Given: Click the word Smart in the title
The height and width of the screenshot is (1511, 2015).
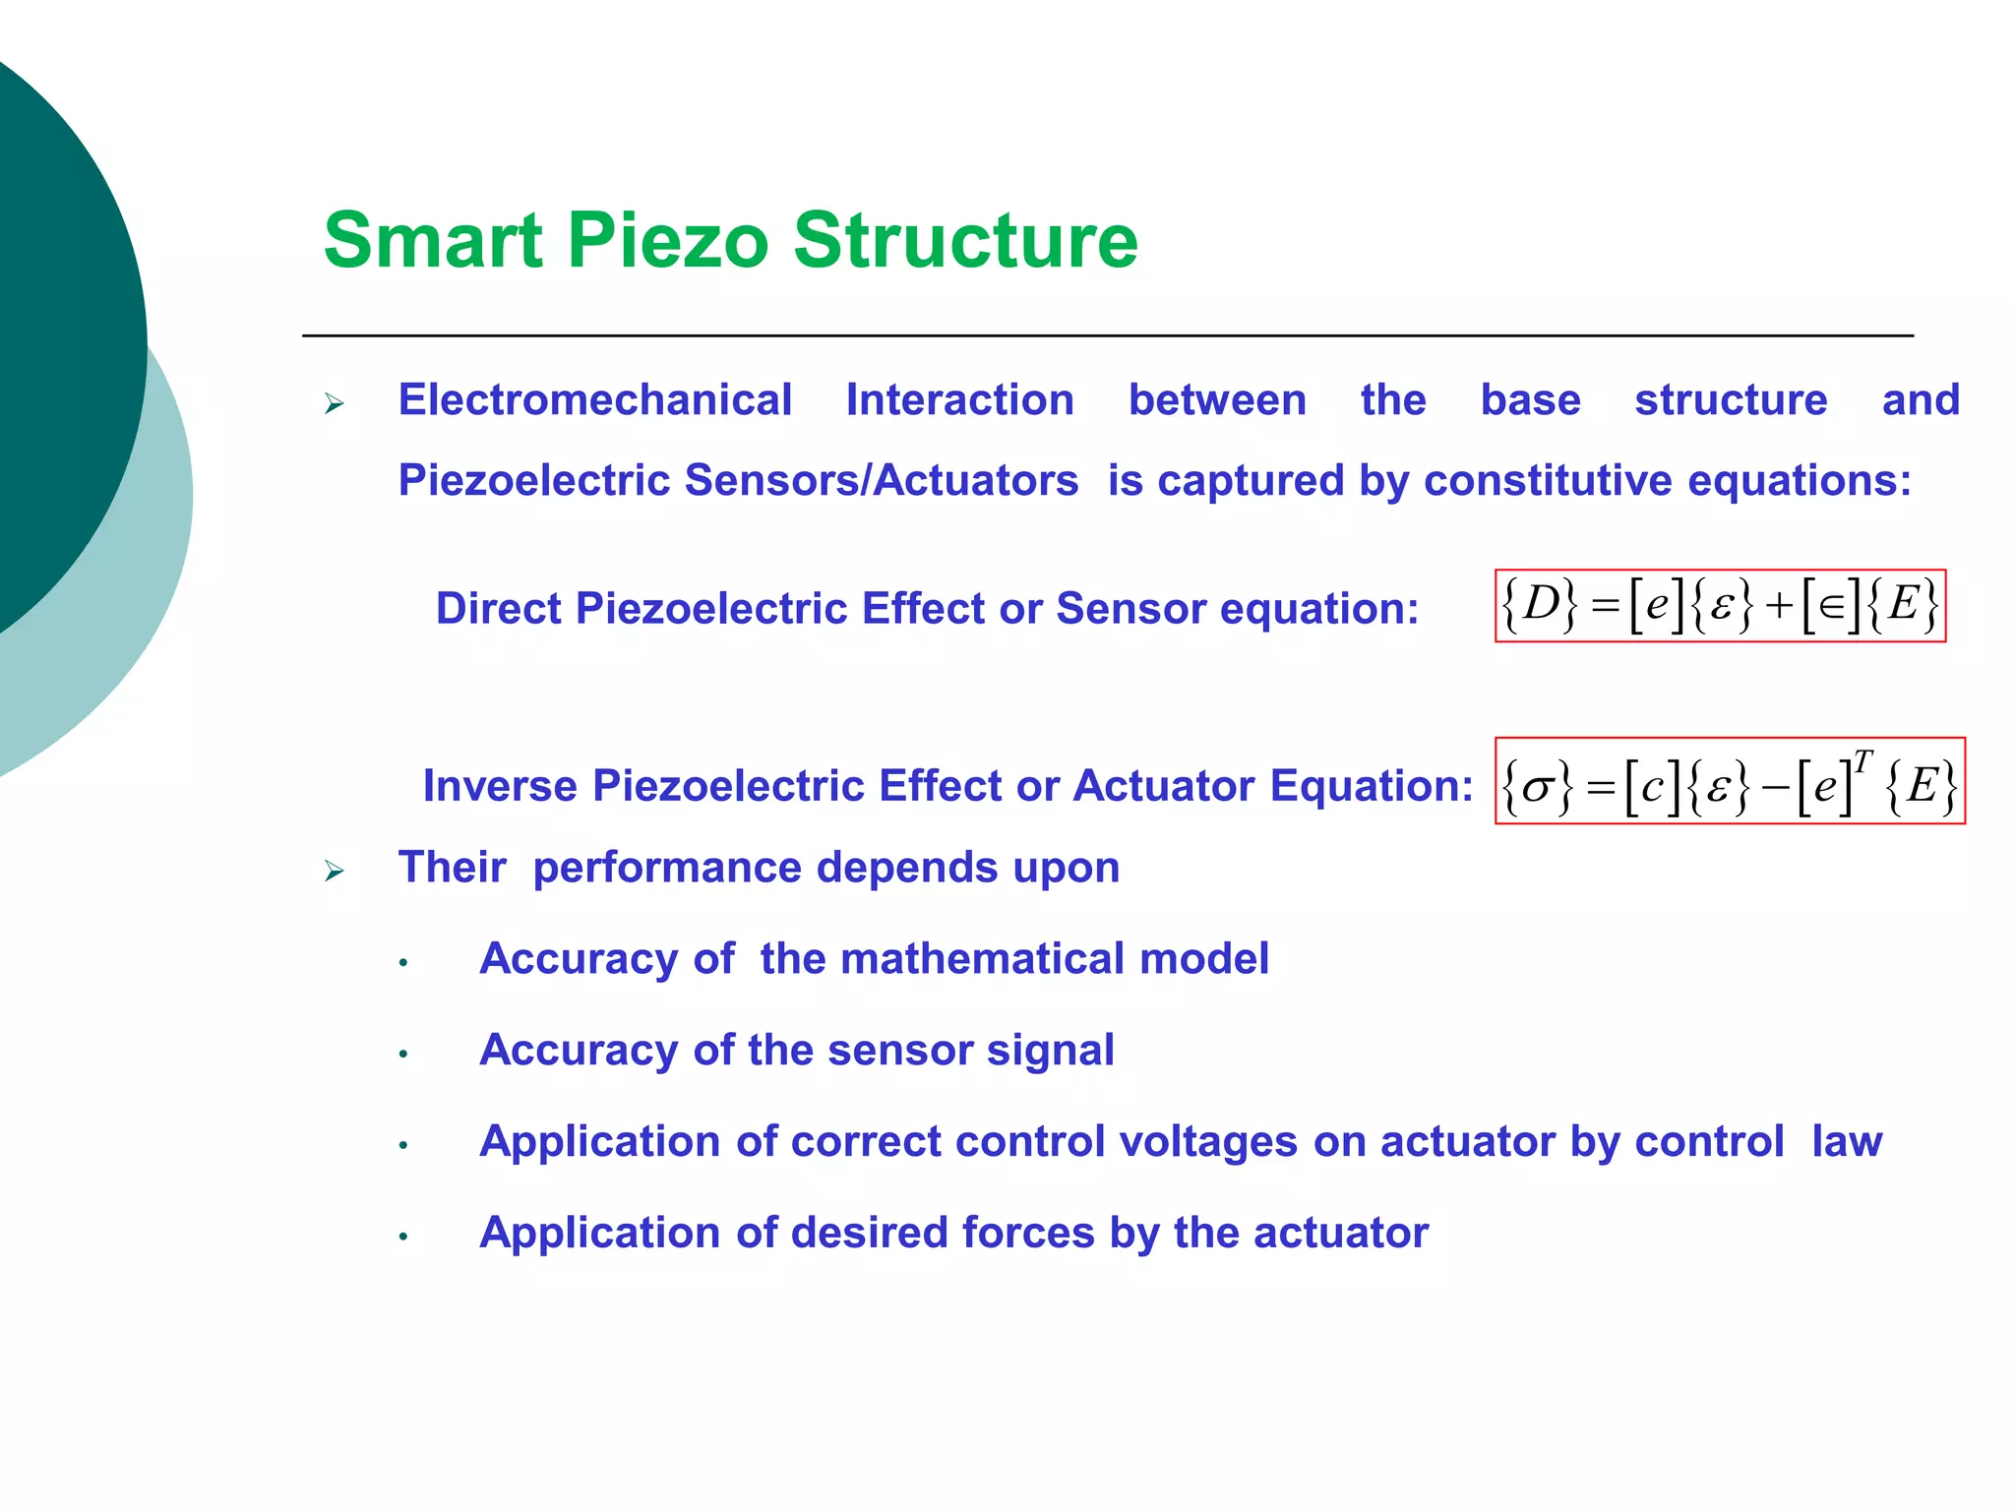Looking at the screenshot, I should tap(433, 241).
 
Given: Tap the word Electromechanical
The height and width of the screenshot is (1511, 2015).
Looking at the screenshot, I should tap(594, 400).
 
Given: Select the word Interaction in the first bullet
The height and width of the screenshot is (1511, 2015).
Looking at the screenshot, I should tap(959, 400).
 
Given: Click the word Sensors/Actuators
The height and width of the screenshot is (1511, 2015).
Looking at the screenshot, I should tap(881, 481).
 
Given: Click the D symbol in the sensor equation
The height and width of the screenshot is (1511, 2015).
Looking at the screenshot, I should tap(1541, 602).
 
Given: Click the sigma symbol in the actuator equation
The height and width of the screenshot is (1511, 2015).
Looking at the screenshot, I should tap(1537, 786).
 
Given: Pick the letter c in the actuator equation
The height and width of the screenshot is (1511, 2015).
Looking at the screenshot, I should tap(1652, 786).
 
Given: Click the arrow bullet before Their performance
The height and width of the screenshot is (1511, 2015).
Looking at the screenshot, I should tap(335, 871).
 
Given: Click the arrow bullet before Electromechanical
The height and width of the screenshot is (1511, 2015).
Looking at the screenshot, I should tap(335, 403).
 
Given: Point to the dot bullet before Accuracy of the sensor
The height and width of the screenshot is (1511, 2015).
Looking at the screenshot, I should tap(403, 1055).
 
